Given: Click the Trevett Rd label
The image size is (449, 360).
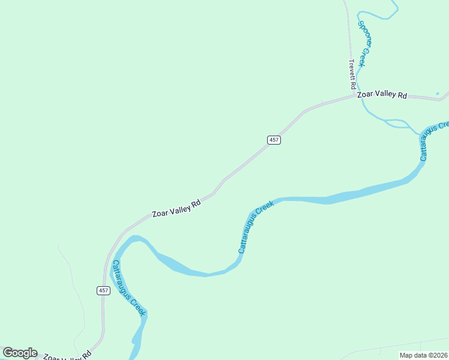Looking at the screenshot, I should [x=354, y=74].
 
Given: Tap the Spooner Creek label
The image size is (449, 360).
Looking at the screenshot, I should [x=363, y=44].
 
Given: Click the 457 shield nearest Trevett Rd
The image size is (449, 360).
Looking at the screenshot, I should [x=274, y=140].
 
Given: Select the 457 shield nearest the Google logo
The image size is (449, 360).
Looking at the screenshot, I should [x=103, y=290].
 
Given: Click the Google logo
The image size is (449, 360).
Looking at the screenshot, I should [x=20, y=353].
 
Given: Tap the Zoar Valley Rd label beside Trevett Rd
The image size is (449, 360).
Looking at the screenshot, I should [x=382, y=95].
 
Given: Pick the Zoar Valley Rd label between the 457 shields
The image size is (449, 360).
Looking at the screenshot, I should [x=176, y=208].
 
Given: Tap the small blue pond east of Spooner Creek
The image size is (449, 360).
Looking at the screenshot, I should [x=438, y=93].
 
